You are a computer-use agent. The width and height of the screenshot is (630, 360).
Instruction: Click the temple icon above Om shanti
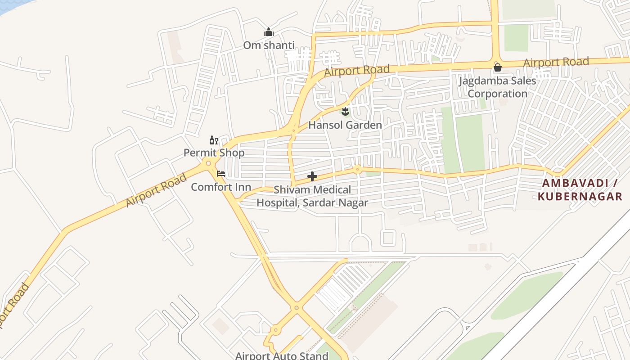269,32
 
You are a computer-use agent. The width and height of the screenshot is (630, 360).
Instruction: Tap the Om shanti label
269,45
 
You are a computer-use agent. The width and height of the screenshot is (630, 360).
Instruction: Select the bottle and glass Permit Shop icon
214,140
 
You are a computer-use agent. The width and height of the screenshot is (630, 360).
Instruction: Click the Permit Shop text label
214,153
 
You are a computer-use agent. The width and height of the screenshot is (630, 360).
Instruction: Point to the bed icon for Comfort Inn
221,174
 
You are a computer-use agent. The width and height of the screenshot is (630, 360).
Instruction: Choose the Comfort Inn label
221,187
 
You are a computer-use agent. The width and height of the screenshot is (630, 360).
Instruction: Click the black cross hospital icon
312,176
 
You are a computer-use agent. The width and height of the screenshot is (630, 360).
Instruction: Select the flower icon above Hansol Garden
345,111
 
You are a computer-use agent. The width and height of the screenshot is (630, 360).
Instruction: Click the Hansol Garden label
345,125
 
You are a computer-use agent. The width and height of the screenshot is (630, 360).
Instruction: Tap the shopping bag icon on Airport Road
497,68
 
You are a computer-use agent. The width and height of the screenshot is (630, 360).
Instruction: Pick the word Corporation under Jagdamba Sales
497,94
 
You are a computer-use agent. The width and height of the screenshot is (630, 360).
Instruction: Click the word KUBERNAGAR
580,197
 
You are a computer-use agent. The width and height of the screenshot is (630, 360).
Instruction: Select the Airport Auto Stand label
282,355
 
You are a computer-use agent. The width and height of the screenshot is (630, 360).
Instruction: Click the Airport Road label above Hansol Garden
356,71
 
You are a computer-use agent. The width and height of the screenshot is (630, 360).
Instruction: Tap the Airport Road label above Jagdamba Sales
556,62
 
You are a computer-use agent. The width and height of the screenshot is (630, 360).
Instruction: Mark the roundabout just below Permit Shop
208,163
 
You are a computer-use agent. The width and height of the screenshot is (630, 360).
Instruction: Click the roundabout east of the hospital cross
357,170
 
